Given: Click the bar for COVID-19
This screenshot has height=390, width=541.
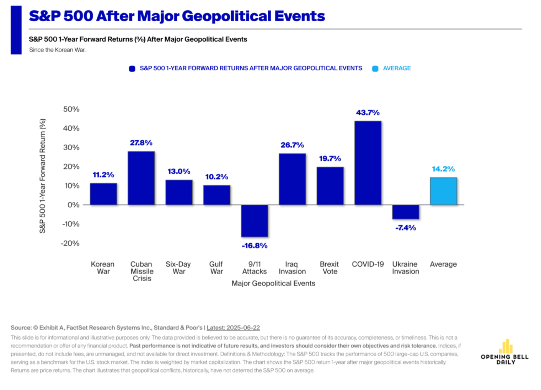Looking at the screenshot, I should coord(368,163).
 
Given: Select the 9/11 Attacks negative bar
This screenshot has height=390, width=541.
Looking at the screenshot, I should coord(255,221).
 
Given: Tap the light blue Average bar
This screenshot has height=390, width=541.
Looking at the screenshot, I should coord(443,191).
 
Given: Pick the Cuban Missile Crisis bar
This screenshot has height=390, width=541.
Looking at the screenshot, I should coord(141,178).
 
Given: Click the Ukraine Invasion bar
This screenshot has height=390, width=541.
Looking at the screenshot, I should coord(406,212).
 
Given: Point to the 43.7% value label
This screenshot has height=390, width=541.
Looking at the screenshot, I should coord(368,113).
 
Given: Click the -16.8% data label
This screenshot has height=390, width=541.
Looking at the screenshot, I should coord(255,246).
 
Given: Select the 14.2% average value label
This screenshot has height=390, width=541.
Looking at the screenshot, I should coord(443,169).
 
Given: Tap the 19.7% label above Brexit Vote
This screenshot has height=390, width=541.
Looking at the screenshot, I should coord(330,158).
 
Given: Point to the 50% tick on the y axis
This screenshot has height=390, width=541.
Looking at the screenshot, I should coord(71,109).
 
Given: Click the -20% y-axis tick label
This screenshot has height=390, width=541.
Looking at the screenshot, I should coord(70,243).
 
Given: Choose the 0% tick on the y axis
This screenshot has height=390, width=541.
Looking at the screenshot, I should coord(73,205).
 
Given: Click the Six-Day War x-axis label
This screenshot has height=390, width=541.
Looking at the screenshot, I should coord(178,268).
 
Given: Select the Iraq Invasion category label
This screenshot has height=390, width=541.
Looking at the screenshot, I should coord(292,268).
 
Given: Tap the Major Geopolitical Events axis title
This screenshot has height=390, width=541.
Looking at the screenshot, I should coord(273,283).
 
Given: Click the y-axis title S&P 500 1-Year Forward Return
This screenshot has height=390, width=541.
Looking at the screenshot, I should coord(43,176).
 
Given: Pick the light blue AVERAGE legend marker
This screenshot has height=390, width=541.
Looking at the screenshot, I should coord(375,69).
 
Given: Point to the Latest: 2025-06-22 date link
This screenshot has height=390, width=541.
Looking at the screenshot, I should coord(233,328).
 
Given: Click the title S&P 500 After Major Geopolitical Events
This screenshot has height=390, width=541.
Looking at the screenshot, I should coord(177,16).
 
